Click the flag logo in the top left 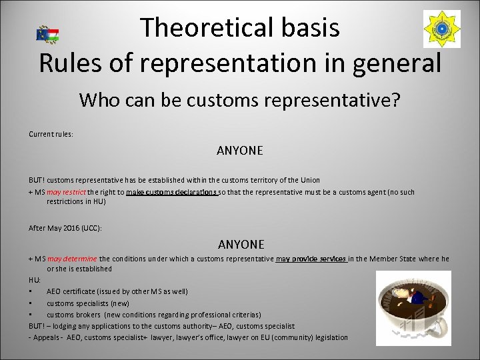(x=47, y=34)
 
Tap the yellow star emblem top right (x=441, y=29)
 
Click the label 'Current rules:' (x=51, y=133)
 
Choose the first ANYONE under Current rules (x=240, y=151)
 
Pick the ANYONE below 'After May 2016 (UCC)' (x=241, y=245)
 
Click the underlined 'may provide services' (x=310, y=259)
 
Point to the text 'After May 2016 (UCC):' (x=65, y=228)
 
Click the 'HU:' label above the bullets (x=35, y=280)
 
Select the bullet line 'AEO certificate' (x=117, y=291)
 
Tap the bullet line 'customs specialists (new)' (x=87, y=303)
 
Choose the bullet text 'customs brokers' (x=74, y=314)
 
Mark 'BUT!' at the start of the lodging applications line (x=37, y=326)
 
